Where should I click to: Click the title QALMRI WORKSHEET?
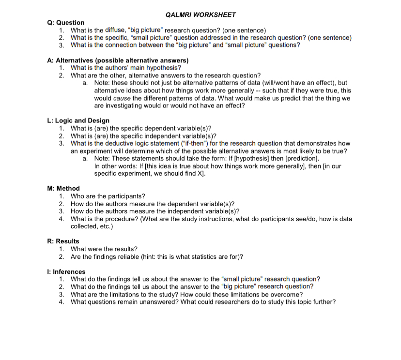(200, 15)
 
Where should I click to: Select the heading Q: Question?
(66, 22)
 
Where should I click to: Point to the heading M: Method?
(63, 188)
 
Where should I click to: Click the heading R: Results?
(63, 241)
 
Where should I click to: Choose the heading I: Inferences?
(66, 271)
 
